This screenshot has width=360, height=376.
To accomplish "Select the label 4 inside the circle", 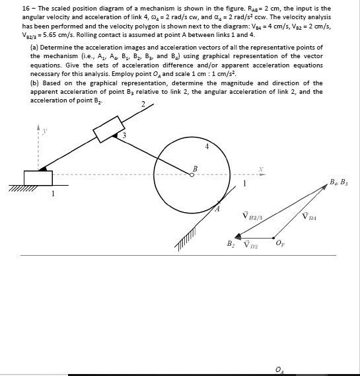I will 206,147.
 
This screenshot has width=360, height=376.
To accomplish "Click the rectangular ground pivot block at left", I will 38,178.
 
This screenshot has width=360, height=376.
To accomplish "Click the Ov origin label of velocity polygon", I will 279,246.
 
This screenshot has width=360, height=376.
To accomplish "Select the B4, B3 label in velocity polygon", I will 339,180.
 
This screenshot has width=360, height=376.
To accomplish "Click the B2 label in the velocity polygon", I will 231,244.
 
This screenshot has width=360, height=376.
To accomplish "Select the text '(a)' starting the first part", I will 34,48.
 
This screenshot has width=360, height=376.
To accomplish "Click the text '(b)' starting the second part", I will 34,83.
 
